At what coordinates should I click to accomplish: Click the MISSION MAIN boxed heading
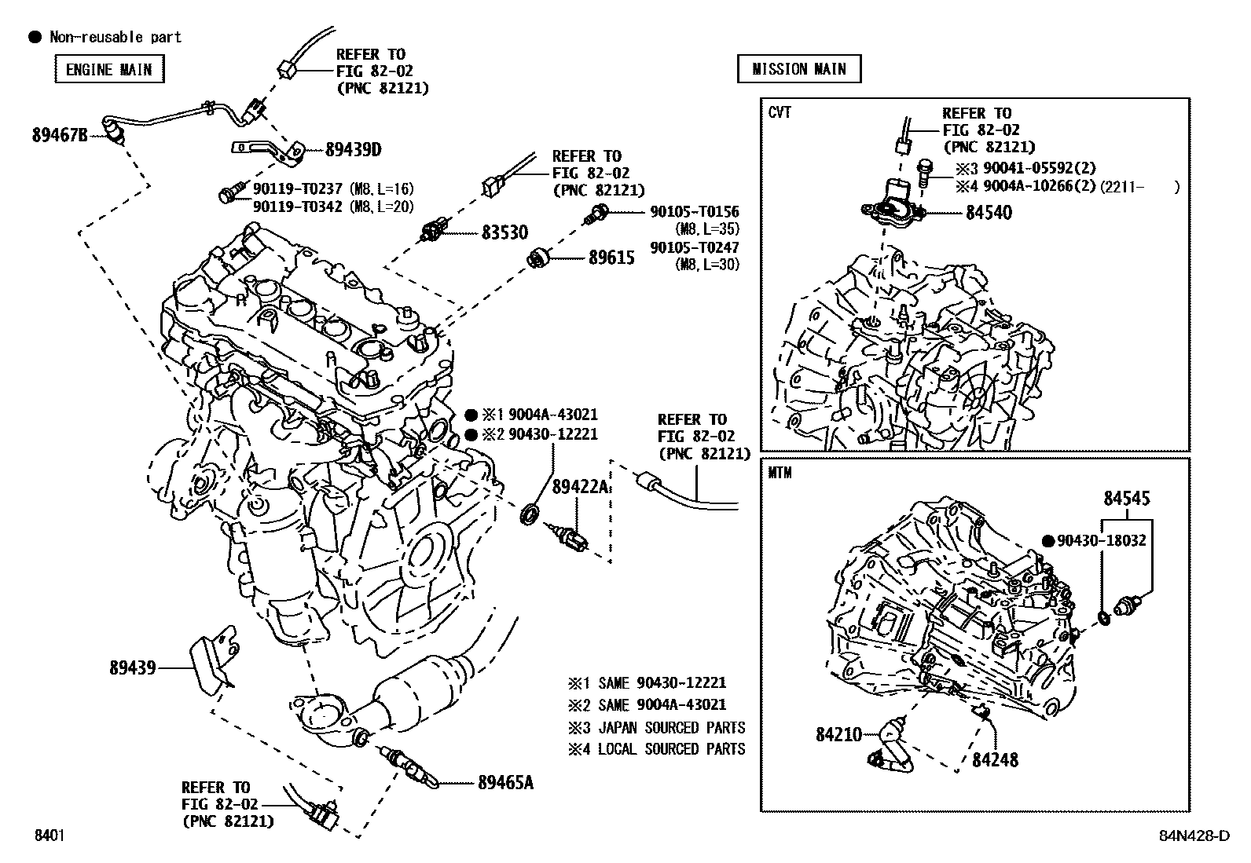tap(798, 69)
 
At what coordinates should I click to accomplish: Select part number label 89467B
tap(60, 134)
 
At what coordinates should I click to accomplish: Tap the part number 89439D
tap(354, 149)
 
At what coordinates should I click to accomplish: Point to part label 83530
tap(504, 232)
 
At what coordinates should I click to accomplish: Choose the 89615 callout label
tap(611, 257)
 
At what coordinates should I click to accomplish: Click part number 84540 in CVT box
tap(989, 212)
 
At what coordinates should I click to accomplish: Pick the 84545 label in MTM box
tap(1126, 498)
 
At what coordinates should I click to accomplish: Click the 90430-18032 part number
tap(1101, 540)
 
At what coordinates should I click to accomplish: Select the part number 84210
tap(839, 734)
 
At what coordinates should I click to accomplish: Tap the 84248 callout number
tap(995, 759)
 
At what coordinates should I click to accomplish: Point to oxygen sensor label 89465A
tap(505, 782)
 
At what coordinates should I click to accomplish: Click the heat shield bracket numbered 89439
tap(132, 667)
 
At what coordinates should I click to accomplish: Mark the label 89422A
tap(580, 487)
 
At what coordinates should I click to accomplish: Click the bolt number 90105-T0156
tap(694, 211)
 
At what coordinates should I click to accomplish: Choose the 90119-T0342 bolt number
tap(298, 206)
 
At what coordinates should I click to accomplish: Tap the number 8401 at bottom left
tap(49, 836)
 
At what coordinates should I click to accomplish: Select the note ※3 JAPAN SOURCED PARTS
tap(657, 727)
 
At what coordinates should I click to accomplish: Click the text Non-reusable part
tap(115, 37)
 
